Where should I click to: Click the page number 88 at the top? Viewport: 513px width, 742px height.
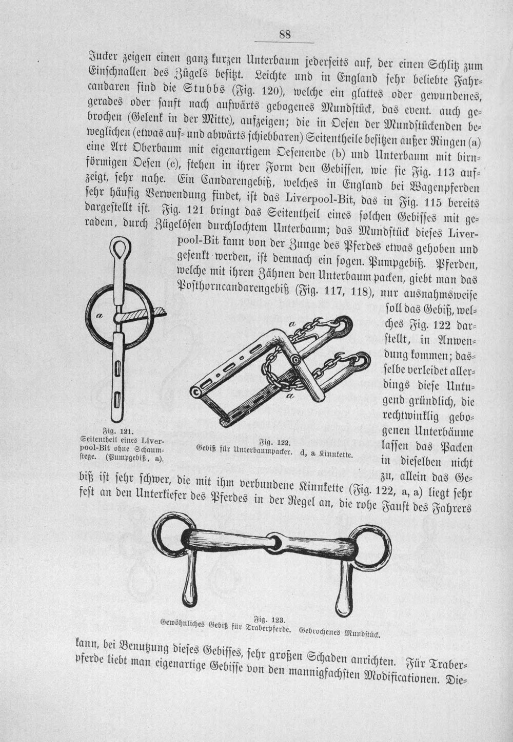(x=285, y=34)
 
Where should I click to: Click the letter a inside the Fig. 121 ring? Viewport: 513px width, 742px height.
(x=98, y=316)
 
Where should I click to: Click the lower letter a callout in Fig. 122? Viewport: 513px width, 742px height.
(x=291, y=396)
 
